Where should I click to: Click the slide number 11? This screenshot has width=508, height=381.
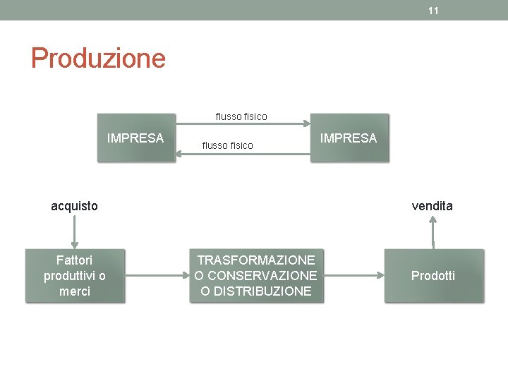433,11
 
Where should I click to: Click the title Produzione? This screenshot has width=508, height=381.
98,58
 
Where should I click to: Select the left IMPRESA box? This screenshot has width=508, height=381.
135,138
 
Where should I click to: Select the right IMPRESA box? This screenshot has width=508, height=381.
349,138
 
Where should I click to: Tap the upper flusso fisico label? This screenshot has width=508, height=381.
241,116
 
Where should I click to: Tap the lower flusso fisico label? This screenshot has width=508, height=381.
227,145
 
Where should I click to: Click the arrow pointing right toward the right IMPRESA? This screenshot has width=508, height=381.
241,124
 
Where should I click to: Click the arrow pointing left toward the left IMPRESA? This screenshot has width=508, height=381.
241,153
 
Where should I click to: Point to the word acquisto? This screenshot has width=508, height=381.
75,206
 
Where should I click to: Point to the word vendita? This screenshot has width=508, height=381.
433,206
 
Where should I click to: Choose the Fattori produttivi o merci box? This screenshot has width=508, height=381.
75,276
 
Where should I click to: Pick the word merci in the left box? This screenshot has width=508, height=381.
75,291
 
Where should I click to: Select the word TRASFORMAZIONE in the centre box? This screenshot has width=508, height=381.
256,260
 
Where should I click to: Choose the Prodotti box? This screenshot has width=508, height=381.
433,276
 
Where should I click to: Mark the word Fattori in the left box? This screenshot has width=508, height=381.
75,260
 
